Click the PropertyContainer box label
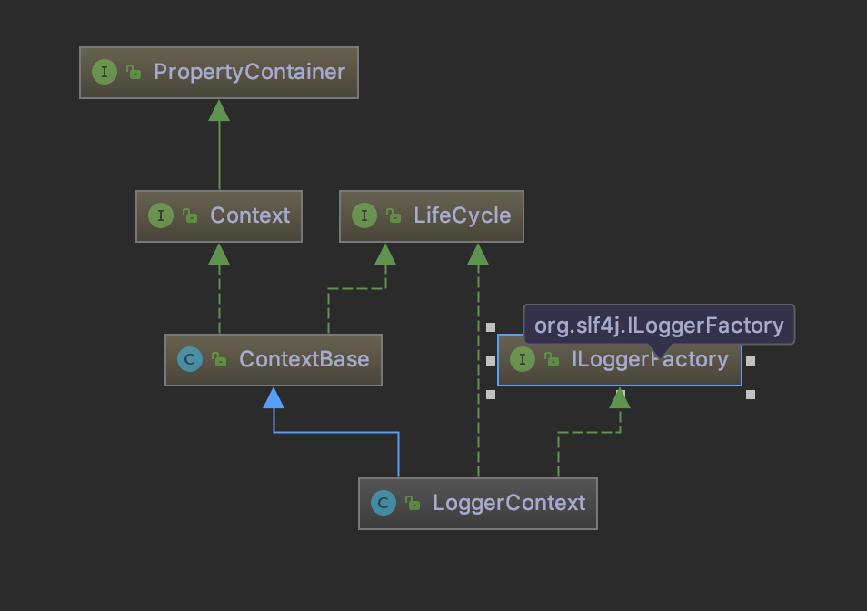(249, 72)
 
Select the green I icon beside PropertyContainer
(105, 72)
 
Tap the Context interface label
(250, 215)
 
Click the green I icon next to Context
(161, 215)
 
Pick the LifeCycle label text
(462, 215)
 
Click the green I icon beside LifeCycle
(364, 215)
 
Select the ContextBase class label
(304, 359)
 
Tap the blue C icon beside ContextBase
(190, 359)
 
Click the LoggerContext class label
(509, 503)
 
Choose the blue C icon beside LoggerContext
(384, 503)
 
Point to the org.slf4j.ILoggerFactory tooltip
(659, 325)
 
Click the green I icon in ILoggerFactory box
(523, 359)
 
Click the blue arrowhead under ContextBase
(274, 397)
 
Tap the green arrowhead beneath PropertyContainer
(219, 110)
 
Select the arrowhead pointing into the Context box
(219, 254)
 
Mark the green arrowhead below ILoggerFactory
(620, 397)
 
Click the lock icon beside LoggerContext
(414, 503)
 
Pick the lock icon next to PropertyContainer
(134, 72)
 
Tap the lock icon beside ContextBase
(219, 359)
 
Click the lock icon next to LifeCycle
(394, 215)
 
